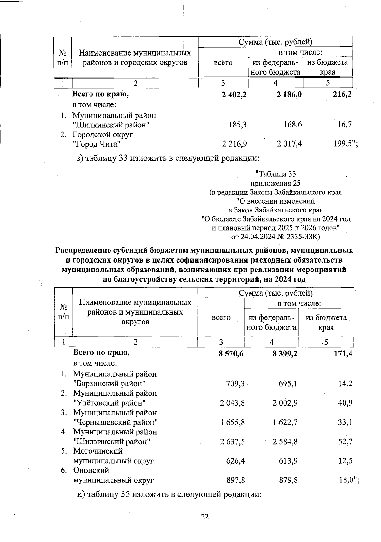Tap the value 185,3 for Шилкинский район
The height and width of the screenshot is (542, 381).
click(x=238, y=125)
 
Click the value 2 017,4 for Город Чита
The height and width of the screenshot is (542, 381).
click(x=289, y=144)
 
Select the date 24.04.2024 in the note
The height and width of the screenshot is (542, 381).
click(x=257, y=237)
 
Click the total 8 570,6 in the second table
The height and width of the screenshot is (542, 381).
click(x=231, y=354)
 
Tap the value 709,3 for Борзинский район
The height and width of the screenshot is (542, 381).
click(x=235, y=384)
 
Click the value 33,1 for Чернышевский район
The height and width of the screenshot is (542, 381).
click(x=345, y=422)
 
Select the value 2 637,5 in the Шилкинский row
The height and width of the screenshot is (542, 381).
click(x=232, y=441)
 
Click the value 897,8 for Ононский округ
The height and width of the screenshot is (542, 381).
click(x=236, y=480)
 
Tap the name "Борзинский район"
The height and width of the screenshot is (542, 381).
click(x=110, y=383)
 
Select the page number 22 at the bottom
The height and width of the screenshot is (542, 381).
click(x=204, y=517)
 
